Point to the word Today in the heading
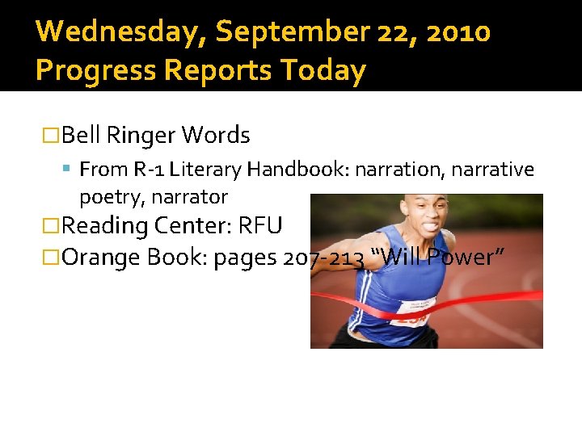coord(323,71)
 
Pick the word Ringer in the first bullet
coord(141,135)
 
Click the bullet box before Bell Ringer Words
coord(51,135)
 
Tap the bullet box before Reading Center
coord(51,225)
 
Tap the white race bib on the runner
coord(413,311)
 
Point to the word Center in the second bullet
coord(193,225)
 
